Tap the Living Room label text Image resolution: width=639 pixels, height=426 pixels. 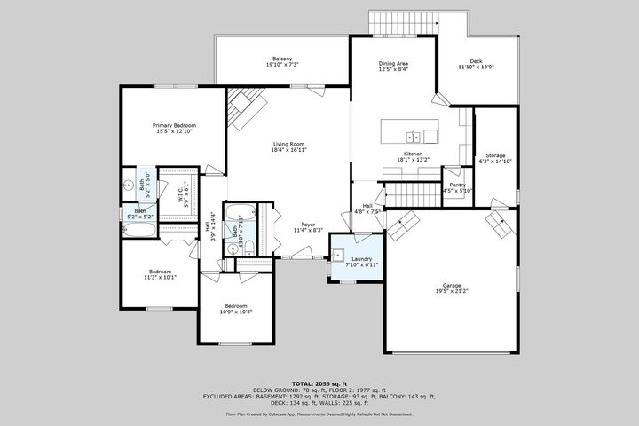[288, 144]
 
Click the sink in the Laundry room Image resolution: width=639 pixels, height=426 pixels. [336, 255]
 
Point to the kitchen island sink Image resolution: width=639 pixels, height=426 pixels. [413, 137]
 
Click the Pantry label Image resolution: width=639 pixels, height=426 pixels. [457, 184]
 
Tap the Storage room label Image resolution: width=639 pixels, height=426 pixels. [494, 155]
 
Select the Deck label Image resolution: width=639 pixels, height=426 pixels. [476, 61]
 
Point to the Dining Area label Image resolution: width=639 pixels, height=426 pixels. [394, 64]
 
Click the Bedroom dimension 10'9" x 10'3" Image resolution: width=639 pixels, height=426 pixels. [236, 312]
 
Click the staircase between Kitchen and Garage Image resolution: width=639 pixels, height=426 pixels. [413, 193]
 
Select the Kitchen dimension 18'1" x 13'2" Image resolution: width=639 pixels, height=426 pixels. [414, 160]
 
